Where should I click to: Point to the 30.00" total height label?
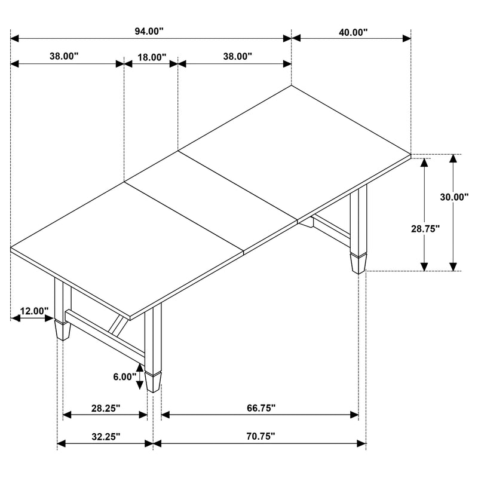pyautogui.click(x=454, y=197)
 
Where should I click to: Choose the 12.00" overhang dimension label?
pyautogui.click(x=34, y=311)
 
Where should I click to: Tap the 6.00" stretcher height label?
pyautogui.click(x=125, y=378)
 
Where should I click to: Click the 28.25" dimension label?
pyautogui.click(x=106, y=408)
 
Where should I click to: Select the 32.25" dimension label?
pyautogui.click(x=106, y=437)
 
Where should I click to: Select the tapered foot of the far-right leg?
pyautogui.click(x=358, y=263)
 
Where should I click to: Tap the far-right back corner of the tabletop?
pyautogui.click(x=411, y=154)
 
